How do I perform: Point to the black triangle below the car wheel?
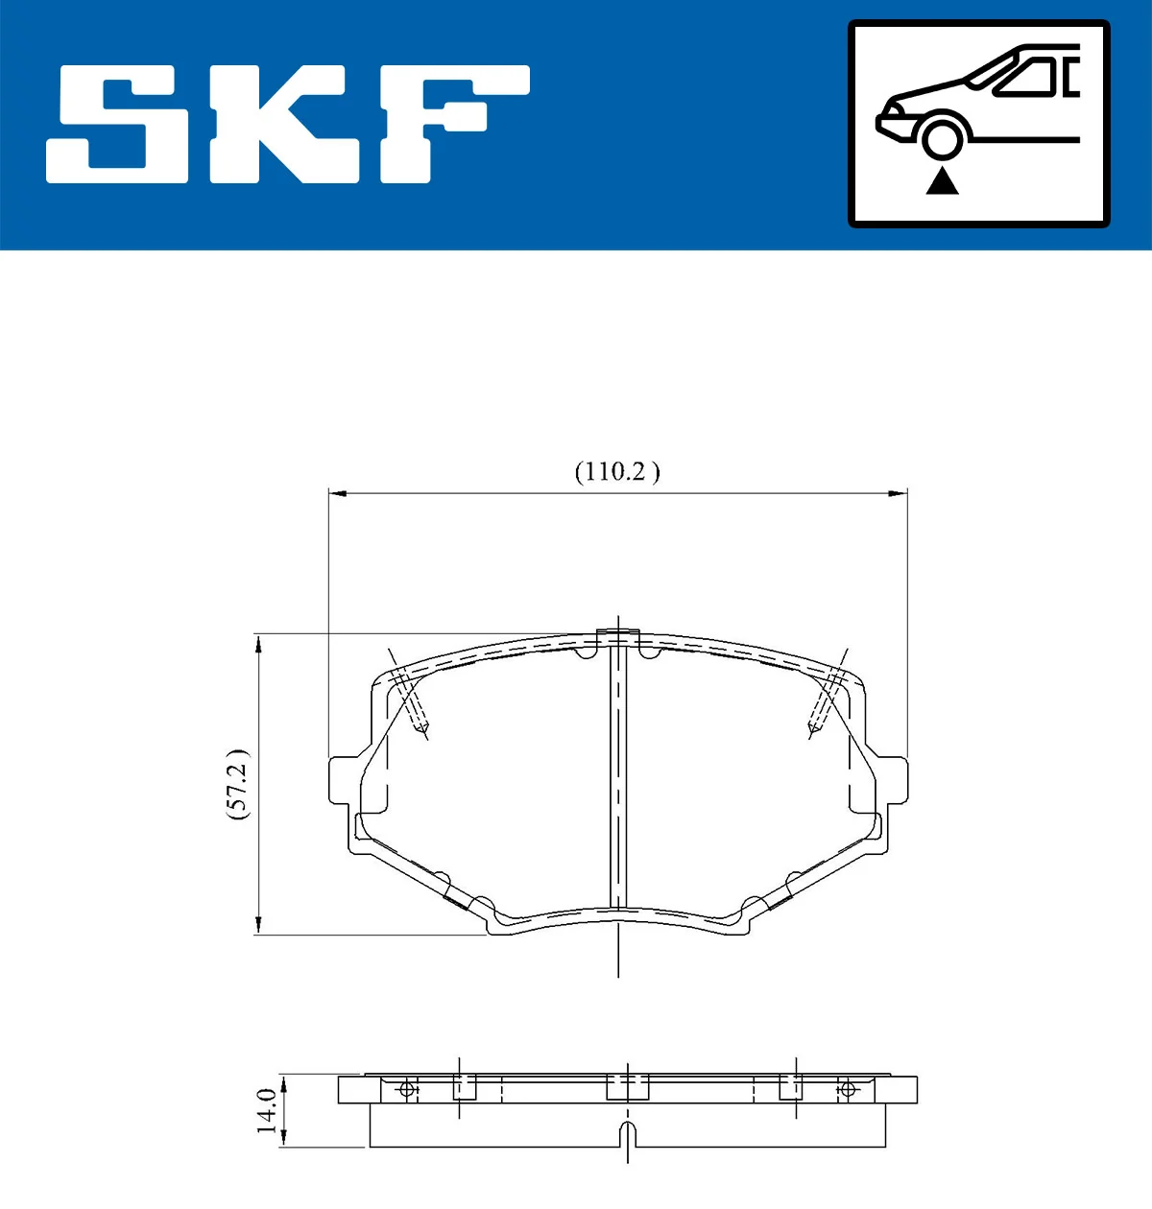(943, 180)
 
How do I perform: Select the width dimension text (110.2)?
(617, 471)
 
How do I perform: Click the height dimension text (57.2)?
(237, 783)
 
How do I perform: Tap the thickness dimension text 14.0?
(268, 1110)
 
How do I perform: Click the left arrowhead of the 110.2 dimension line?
(336, 493)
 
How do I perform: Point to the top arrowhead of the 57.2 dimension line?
(258, 641)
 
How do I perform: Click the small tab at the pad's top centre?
(617, 636)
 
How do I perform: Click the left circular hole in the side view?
(407, 1089)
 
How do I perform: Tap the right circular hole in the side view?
(847, 1089)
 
